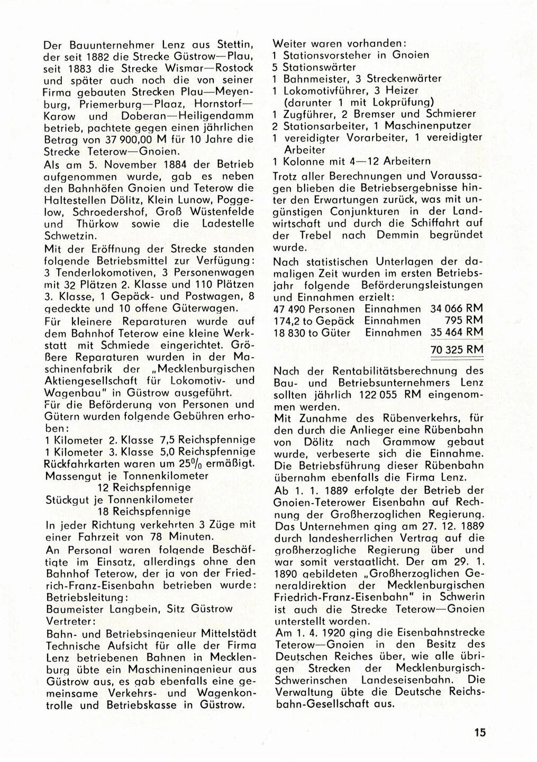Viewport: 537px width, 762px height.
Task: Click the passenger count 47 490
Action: coord(289,309)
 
